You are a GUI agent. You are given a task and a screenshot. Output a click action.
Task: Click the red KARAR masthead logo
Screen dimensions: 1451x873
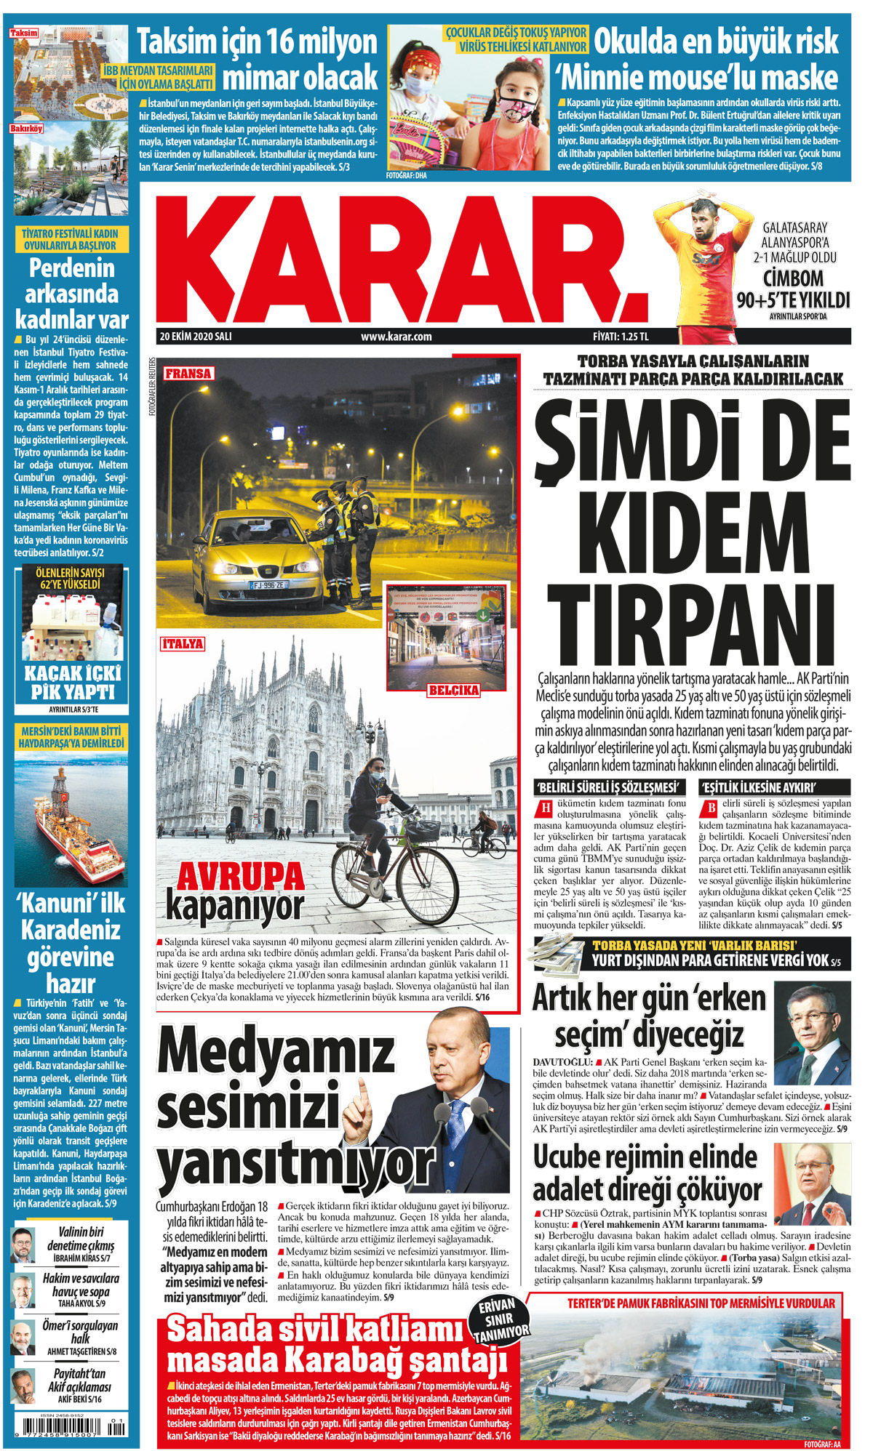(400, 258)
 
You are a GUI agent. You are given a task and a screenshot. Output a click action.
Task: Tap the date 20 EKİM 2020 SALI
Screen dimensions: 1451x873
(196, 337)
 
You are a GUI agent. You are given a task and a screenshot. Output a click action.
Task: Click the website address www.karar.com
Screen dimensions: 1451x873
(396, 337)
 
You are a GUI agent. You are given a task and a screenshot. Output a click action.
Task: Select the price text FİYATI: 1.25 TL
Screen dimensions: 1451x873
(620, 337)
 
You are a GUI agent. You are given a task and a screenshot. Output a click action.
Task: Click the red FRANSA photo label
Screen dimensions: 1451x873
(188, 374)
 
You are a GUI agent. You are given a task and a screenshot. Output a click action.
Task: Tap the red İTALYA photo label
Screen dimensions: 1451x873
(183, 643)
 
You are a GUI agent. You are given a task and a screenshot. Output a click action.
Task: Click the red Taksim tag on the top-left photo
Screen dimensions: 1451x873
(24, 33)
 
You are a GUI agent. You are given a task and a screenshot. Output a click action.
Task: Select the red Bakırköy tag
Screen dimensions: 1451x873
(26, 129)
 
